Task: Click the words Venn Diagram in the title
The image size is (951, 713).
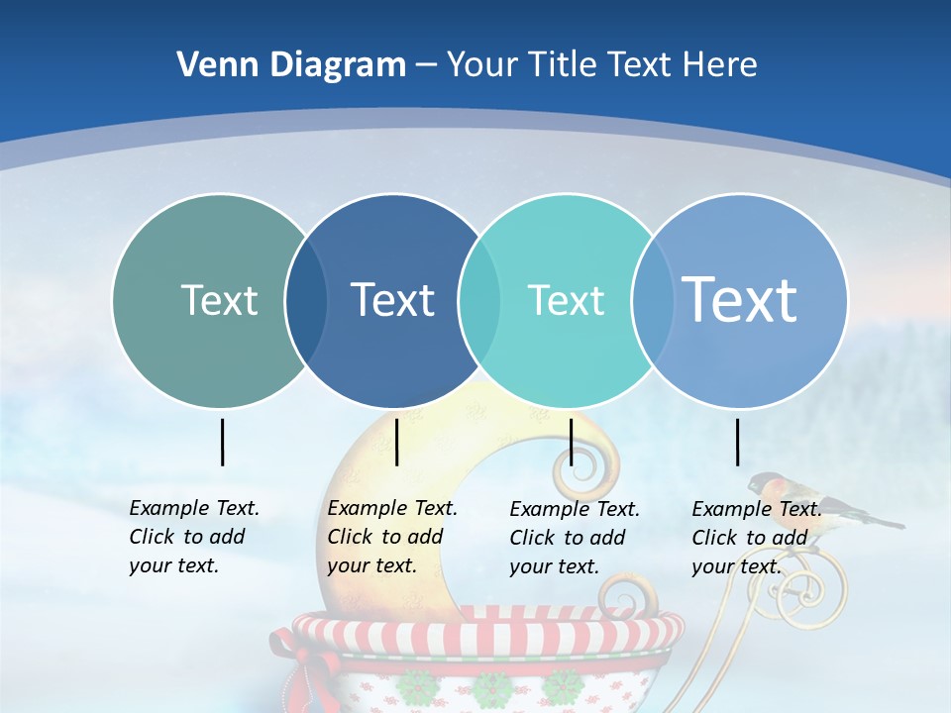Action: (291, 65)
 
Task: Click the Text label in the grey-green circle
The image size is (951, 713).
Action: (219, 300)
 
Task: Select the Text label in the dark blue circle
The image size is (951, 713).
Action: (393, 300)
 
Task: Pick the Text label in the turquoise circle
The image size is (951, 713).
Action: (566, 300)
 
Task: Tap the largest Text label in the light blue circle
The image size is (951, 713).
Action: (740, 299)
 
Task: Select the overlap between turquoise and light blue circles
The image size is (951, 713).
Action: (650, 301)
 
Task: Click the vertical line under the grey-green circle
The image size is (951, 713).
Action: (223, 442)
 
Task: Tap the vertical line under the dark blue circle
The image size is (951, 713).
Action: (396, 442)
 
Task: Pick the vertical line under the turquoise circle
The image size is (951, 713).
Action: (571, 442)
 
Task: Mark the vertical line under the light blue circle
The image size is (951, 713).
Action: (738, 442)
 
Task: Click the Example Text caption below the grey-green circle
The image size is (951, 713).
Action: (194, 537)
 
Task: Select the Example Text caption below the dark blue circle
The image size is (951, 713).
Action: (392, 537)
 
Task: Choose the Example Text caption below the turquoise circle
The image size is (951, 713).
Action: (575, 538)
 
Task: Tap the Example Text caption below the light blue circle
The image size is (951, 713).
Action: (757, 538)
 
